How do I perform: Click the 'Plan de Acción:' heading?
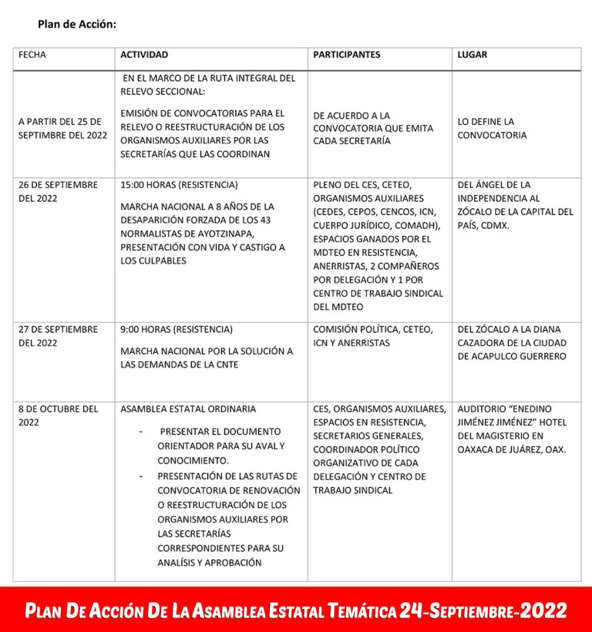pyautogui.click(x=76, y=24)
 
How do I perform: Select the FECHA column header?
pyautogui.click(x=32, y=55)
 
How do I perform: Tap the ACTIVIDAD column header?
pyautogui.click(x=144, y=55)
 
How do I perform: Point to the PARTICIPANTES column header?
pyautogui.click(x=346, y=55)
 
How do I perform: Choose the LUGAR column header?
pyautogui.click(x=472, y=55)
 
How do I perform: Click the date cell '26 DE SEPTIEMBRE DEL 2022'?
pyautogui.click(x=58, y=192)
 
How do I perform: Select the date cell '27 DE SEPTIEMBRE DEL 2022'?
pyautogui.click(x=58, y=336)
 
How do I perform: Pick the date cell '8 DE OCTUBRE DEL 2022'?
pyautogui.click(x=58, y=415)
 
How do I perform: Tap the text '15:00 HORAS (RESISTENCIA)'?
pyautogui.click(x=179, y=185)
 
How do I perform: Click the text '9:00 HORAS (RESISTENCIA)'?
pyautogui.click(x=176, y=329)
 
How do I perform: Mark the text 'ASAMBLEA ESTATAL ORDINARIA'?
pyautogui.click(x=188, y=408)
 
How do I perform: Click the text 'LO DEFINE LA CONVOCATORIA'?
pyautogui.click(x=492, y=129)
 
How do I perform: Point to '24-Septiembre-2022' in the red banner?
pyautogui.click(x=483, y=611)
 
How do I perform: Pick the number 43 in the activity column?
pyautogui.click(x=256, y=220)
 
